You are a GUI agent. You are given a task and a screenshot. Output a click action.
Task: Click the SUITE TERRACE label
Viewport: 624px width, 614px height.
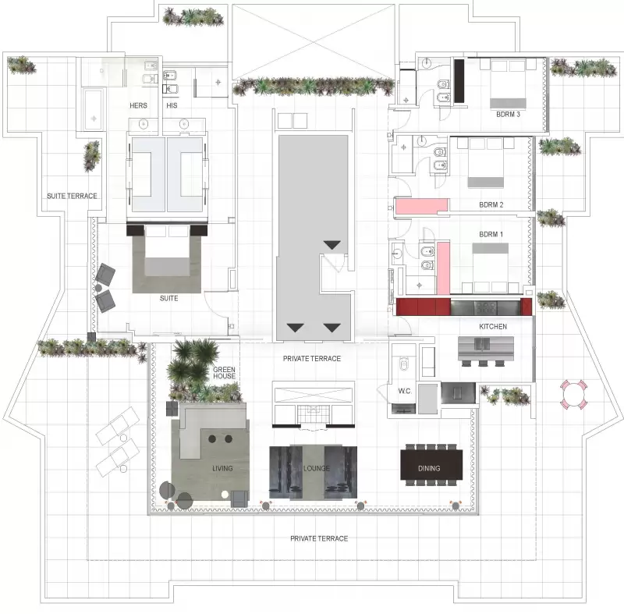pyautogui.click(x=72, y=196)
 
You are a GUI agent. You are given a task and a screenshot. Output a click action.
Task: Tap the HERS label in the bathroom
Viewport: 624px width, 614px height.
pyautogui.click(x=138, y=105)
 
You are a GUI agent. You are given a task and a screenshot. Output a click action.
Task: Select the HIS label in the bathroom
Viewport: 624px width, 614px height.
pyautogui.click(x=172, y=105)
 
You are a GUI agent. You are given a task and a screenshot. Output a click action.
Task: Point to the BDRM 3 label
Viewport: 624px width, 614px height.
pyautogui.click(x=508, y=114)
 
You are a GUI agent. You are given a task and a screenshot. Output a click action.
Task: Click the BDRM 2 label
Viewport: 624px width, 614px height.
pyautogui.click(x=491, y=205)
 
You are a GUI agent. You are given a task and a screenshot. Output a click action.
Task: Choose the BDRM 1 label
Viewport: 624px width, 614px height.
pyautogui.click(x=491, y=234)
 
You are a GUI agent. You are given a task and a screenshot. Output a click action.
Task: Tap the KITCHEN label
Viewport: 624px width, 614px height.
pyautogui.click(x=493, y=326)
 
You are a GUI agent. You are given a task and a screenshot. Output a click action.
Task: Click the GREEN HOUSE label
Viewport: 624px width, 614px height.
pyautogui.click(x=224, y=373)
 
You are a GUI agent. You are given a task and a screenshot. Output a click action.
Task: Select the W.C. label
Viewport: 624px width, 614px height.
pyautogui.click(x=405, y=391)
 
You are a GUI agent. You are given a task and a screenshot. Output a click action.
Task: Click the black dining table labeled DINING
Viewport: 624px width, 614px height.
pyautogui.click(x=431, y=465)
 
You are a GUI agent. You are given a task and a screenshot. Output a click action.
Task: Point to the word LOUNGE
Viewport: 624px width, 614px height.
pyautogui.click(x=317, y=468)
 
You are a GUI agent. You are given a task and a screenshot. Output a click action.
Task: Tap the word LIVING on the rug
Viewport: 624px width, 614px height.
pyautogui.click(x=222, y=468)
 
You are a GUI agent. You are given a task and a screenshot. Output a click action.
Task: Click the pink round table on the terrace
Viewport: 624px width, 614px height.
pyautogui.click(x=573, y=395)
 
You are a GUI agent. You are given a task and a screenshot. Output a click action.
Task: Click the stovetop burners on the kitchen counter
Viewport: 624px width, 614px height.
pyautogui.click(x=486, y=307)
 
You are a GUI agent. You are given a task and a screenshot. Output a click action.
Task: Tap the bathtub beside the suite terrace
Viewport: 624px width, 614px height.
pyautogui.click(x=94, y=109)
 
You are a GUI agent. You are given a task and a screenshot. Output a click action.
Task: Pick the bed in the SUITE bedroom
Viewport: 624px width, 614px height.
pyautogui.click(x=167, y=250)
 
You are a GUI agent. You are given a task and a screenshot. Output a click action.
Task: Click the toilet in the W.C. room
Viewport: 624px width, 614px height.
pyautogui.click(x=403, y=364)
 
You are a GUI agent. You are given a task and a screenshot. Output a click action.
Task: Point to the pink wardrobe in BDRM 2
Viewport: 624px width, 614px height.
pyautogui.click(x=422, y=206)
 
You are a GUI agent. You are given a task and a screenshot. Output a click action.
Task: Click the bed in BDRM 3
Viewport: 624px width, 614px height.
pyautogui.click(x=509, y=84)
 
